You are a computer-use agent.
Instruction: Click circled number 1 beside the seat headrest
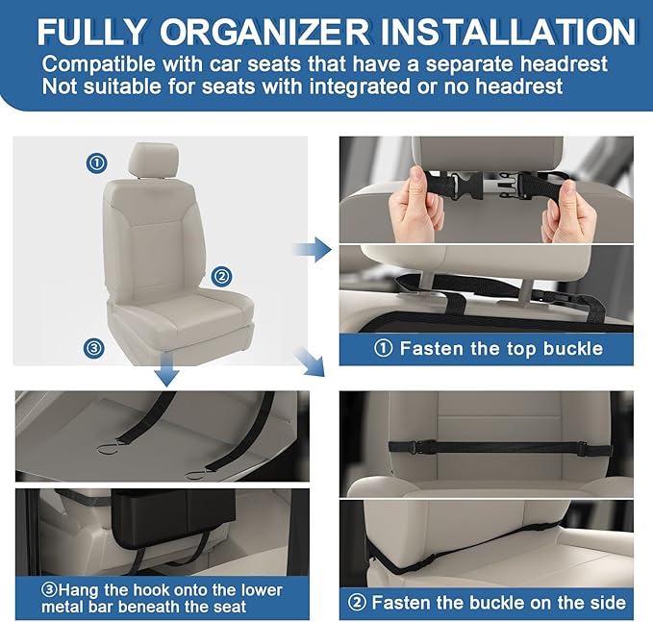(x=96, y=162)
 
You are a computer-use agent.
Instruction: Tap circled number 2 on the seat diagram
(x=222, y=276)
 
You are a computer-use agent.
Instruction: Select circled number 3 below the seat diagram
(x=94, y=348)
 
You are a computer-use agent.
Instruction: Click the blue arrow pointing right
(x=306, y=251)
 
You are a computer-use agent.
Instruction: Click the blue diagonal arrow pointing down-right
(x=311, y=363)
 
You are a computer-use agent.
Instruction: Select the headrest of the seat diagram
(x=154, y=160)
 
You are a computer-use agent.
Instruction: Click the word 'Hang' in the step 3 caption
(x=80, y=589)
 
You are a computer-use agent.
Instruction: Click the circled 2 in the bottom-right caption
(x=358, y=603)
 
